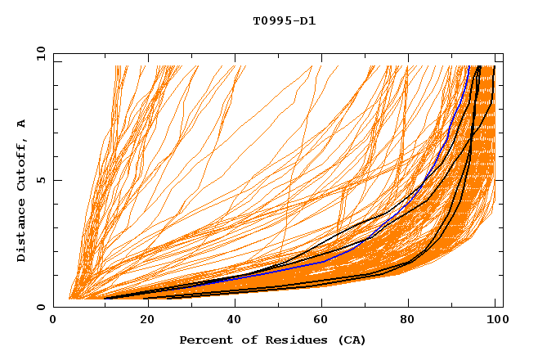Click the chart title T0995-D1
point(284,20)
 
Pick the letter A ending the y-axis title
point(22,124)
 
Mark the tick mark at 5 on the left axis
point(56,180)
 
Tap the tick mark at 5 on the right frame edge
point(500,180)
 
